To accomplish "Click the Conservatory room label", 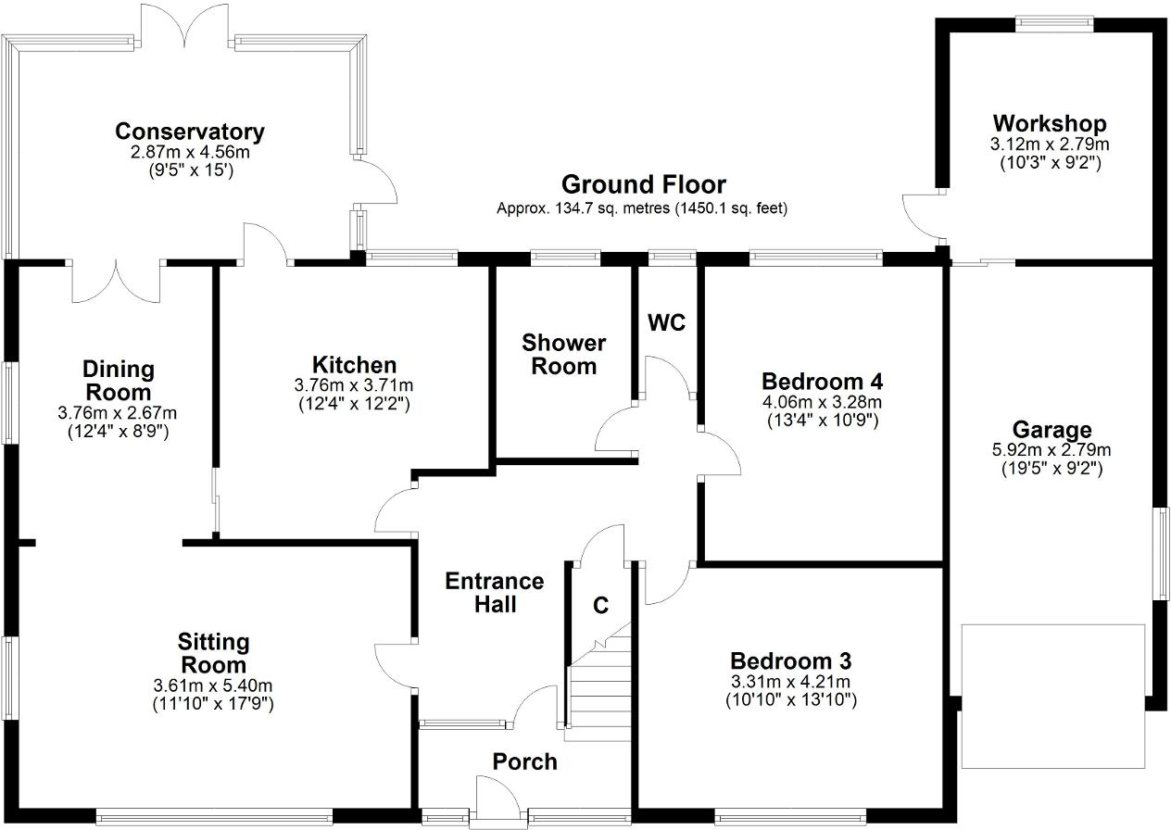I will click(x=189, y=132).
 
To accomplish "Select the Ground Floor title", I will click(x=643, y=184).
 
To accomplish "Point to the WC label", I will click(x=666, y=322).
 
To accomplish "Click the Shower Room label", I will click(x=563, y=355).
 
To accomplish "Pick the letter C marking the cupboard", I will click(x=600, y=606).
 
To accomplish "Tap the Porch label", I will click(x=524, y=761).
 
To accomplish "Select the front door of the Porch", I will click(x=496, y=797).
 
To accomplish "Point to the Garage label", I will click(x=1051, y=430).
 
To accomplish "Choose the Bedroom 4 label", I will click(x=822, y=382).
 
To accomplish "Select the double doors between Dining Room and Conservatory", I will click(x=117, y=282).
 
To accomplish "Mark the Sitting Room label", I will click(x=213, y=653).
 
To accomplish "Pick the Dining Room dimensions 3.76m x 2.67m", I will click(x=117, y=413).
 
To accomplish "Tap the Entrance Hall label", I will click(x=494, y=592).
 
